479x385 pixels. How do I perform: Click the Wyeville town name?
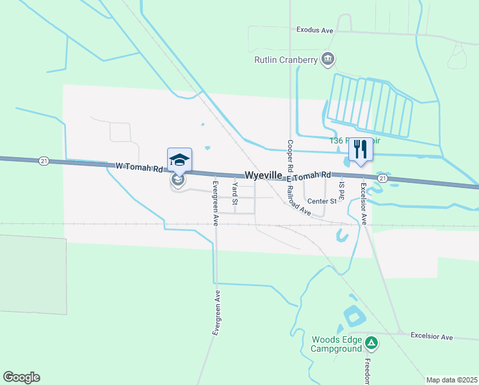(x=264, y=175)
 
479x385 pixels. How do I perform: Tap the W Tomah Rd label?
(x=140, y=167)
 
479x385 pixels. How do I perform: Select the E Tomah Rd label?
(x=309, y=176)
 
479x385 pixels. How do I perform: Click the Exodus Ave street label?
(x=315, y=30)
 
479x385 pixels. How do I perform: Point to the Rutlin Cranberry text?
(x=286, y=60)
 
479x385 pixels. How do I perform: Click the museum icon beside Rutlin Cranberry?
(x=328, y=60)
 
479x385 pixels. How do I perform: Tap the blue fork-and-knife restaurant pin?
(x=361, y=150)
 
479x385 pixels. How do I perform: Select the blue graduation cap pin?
(x=179, y=159)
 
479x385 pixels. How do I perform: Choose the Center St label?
(x=321, y=201)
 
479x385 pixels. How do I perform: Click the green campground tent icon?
(x=371, y=344)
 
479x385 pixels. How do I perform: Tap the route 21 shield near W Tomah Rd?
(x=43, y=160)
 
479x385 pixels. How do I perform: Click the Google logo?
(x=21, y=377)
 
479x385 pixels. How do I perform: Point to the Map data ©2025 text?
(x=451, y=380)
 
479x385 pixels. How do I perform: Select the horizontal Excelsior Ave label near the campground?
(x=432, y=336)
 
